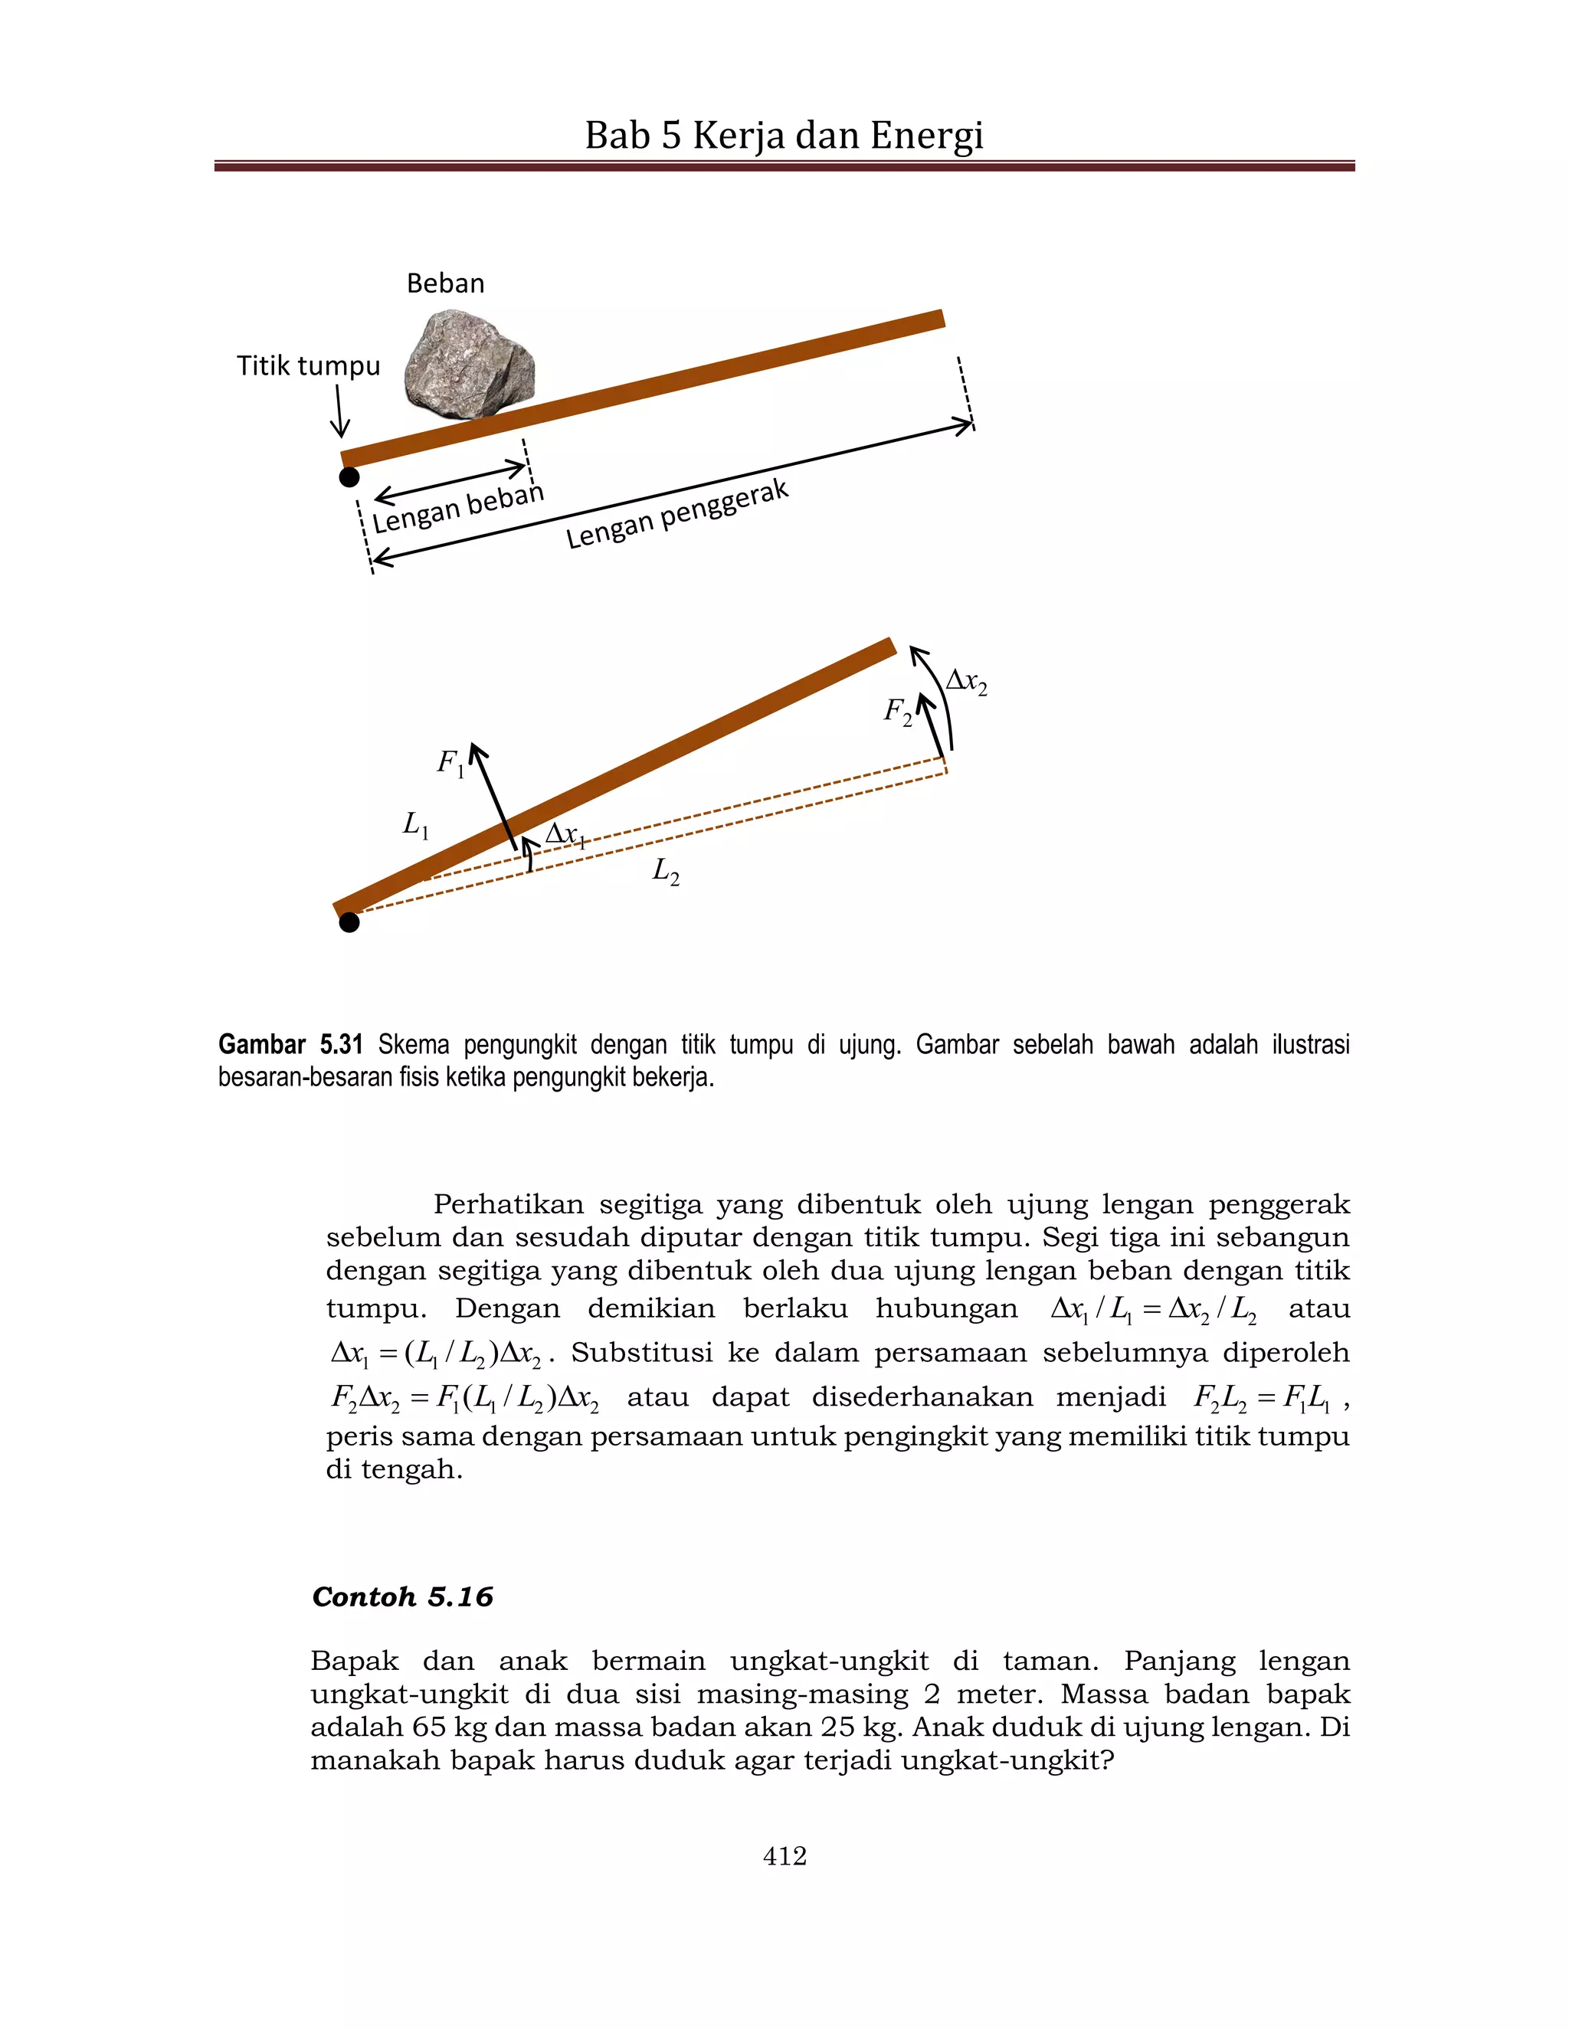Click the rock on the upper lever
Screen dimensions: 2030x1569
(x=470, y=365)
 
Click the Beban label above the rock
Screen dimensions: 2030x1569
(x=445, y=283)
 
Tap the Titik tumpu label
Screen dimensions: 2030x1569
(x=308, y=365)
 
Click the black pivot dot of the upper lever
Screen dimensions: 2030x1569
(x=349, y=476)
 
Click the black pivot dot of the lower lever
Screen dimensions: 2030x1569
(x=349, y=922)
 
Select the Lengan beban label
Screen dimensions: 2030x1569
(x=457, y=507)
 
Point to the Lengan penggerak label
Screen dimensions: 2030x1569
(x=676, y=513)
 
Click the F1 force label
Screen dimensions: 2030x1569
(x=450, y=764)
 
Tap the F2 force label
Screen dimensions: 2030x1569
(x=897, y=712)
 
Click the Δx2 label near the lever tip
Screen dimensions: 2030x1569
(x=966, y=683)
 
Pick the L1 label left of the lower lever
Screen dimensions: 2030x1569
(x=415, y=823)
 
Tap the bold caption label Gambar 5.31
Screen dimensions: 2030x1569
(x=290, y=1045)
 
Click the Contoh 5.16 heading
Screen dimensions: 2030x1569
(x=402, y=1597)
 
